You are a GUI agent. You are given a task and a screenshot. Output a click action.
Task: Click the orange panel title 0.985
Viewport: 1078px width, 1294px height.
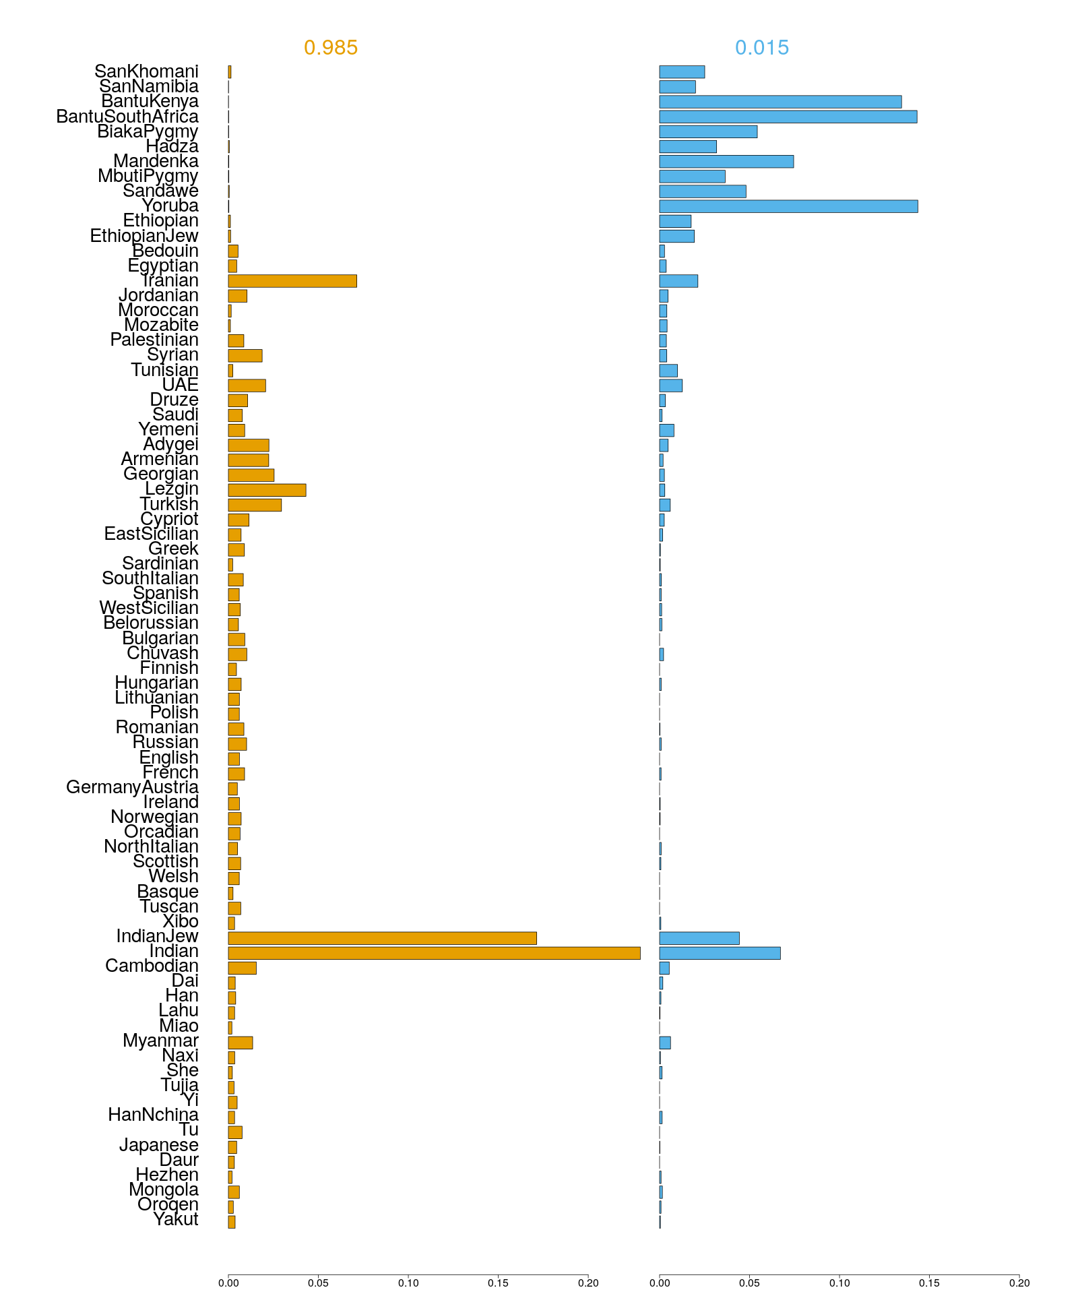330,48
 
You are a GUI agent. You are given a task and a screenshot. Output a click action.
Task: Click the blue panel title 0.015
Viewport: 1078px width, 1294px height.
761,48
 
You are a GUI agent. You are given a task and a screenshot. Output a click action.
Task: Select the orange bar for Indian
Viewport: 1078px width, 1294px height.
434,953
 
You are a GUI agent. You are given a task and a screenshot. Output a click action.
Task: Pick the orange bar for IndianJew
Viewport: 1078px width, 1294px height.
382,938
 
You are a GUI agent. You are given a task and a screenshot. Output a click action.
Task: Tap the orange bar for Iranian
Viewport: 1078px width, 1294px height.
292,281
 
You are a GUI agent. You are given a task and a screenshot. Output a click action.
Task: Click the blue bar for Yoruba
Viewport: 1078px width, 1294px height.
788,206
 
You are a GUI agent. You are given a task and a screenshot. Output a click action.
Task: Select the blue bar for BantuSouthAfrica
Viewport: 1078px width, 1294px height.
788,117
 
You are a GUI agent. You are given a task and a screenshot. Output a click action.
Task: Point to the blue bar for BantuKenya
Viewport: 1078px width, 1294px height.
780,102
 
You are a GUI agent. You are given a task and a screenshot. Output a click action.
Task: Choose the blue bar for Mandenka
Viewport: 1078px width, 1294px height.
726,162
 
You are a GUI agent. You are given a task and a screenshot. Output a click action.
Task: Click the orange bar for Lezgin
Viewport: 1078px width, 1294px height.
267,490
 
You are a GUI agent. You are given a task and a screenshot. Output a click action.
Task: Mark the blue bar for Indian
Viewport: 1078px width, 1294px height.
720,953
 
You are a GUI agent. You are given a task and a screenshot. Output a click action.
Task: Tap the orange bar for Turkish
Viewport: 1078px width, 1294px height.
255,505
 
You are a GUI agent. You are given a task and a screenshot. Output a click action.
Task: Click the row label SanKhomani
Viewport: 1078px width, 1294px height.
146,71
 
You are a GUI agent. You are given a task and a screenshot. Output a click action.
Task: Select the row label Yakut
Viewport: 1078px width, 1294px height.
176,1219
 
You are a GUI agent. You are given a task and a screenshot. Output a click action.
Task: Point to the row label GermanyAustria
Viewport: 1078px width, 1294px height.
132,787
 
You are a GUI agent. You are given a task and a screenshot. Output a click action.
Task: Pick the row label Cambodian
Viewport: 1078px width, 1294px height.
152,966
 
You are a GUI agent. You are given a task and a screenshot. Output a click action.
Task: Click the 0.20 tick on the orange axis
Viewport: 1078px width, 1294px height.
588,1283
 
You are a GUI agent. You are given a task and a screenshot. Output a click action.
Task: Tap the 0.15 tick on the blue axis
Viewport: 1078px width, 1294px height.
929,1283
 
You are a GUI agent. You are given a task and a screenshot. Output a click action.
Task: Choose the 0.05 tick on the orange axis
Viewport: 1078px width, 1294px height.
318,1283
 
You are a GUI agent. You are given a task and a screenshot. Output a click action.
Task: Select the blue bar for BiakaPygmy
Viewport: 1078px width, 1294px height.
708,131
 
